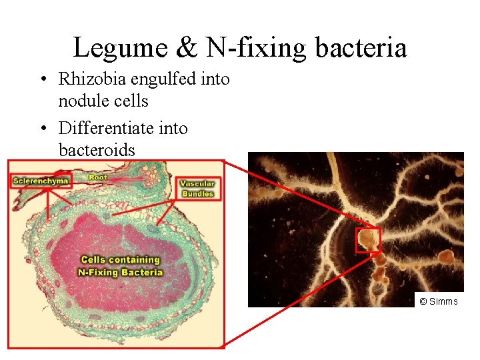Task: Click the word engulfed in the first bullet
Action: (x=163, y=79)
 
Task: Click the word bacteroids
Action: (x=97, y=150)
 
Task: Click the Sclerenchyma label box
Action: (x=41, y=181)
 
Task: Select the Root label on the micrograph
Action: (x=98, y=177)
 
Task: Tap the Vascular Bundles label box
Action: (x=197, y=189)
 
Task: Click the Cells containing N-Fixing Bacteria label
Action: (x=120, y=266)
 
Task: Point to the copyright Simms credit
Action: (x=439, y=301)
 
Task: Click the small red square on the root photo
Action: (x=367, y=240)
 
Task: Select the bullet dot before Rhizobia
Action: (x=42, y=80)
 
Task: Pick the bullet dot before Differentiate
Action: (x=42, y=128)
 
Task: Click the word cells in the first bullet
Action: (x=132, y=101)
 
